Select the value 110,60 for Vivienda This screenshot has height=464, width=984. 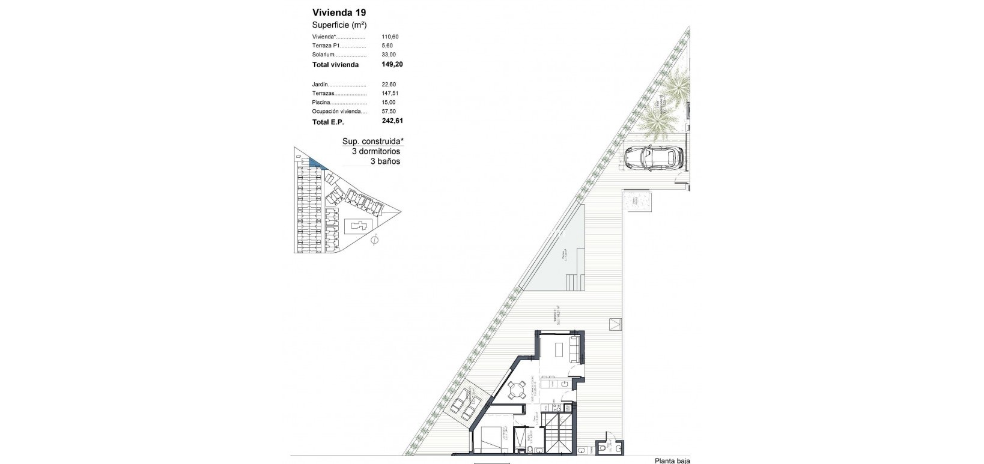coord(390,37)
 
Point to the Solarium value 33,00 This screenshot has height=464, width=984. coord(389,55)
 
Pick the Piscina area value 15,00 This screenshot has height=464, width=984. coord(389,103)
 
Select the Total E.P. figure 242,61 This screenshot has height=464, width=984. coord(392,121)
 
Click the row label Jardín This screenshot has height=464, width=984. coord(320,85)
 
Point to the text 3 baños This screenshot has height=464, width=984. coord(384,161)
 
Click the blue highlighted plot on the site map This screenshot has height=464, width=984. coord(315,162)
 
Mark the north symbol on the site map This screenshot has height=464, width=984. coord(375,240)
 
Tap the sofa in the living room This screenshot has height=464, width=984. coord(574,349)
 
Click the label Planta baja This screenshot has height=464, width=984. coord(672,460)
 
